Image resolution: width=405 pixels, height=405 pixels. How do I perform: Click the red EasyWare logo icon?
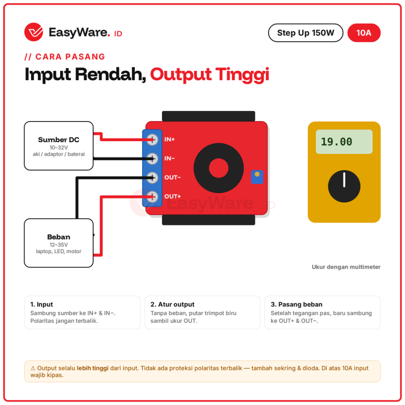pyautogui.click(x=34, y=32)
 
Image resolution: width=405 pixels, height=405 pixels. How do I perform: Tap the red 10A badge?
pyautogui.click(x=364, y=33)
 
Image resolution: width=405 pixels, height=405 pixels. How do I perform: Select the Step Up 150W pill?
pyautogui.click(x=305, y=33)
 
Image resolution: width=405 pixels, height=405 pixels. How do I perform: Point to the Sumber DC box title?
pyautogui.click(x=59, y=140)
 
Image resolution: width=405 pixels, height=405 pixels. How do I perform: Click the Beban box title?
pyautogui.click(x=59, y=237)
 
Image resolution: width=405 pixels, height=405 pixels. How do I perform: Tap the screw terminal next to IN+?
pyautogui.click(x=152, y=140)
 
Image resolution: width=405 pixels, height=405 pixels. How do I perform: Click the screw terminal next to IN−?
pyautogui.click(x=152, y=159)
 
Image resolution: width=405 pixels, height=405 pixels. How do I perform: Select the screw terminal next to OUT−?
pyautogui.click(x=152, y=178)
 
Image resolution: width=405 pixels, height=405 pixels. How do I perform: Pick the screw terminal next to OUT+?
pyautogui.click(x=152, y=197)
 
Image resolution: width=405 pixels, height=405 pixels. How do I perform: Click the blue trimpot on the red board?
pyautogui.click(x=257, y=177)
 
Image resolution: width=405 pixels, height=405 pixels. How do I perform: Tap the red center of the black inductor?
pyautogui.click(x=219, y=168)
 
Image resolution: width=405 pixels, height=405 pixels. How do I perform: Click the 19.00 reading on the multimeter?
pyautogui.click(x=336, y=142)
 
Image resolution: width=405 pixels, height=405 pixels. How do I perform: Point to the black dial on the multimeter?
pyautogui.click(x=344, y=186)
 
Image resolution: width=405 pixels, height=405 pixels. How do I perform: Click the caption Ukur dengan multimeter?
pyautogui.click(x=346, y=267)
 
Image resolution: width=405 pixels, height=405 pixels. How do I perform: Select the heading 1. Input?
pyautogui.click(x=42, y=304)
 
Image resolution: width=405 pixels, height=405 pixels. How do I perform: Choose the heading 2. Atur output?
pyautogui.click(x=172, y=304)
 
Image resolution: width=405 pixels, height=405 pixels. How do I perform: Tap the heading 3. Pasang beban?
pyautogui.click(x=296, y=304)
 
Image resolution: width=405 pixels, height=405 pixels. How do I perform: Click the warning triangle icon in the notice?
pyautogui.click(x=33, y=368)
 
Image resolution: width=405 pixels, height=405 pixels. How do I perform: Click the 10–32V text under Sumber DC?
pyautogui.click(x=59, y=148)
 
